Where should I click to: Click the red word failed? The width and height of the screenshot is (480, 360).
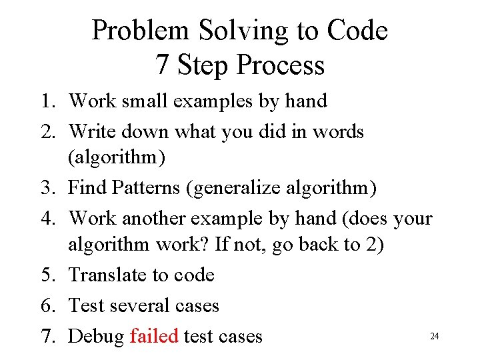point(154,336)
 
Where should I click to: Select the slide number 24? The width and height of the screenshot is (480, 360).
point(434,337)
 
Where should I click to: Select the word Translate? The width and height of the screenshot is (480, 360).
point(108,275)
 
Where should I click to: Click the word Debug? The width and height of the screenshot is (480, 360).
point(96,337)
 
